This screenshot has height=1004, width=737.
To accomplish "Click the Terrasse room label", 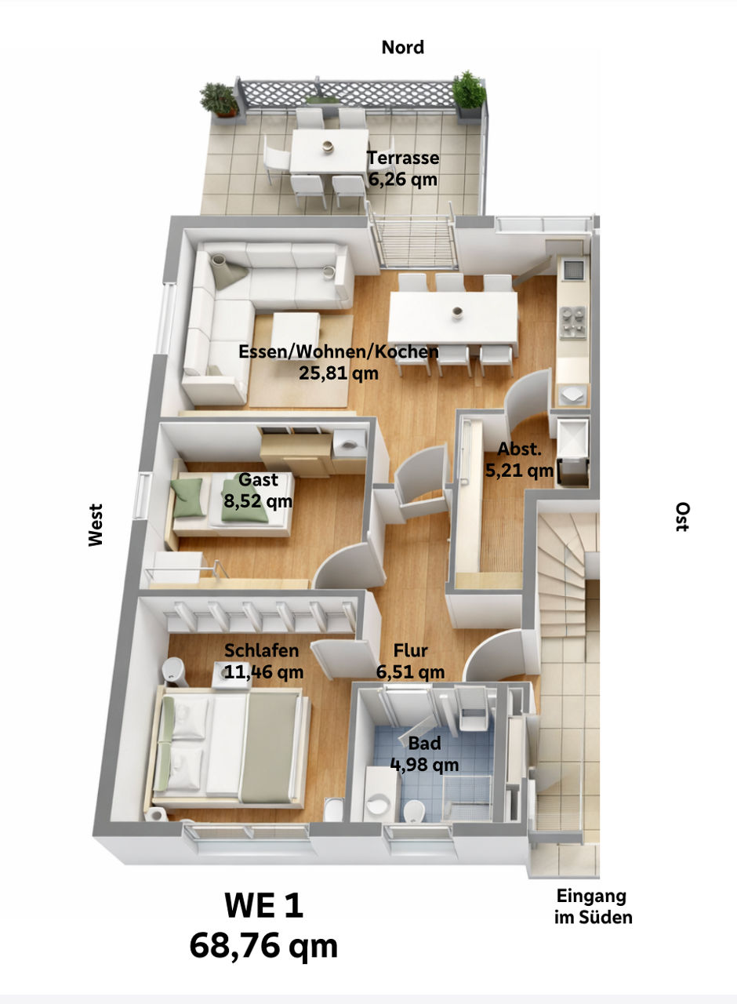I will pyautogui.click(x=403, y=158).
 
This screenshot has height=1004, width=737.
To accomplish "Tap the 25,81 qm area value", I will pyautogui.click(x=339, y=373).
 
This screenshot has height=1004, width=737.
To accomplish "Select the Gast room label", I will pyautogui.click(x=259, y=479).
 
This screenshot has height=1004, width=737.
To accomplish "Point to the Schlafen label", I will pyautogui.click(x=261, y=650).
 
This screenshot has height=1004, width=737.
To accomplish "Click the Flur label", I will pyautogui.click(x=410, y=651).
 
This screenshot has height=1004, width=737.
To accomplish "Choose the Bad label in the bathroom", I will pyautogui.click(x=424, y=743).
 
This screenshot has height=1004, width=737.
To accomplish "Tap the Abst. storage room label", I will pyautogui.click(x=520, y=449).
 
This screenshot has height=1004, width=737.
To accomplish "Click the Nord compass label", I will pyautogui.click(x=402, y=48).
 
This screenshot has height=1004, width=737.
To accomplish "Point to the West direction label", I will pyautogui.click(x=96, y=525).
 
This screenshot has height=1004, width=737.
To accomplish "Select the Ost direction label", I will pyautogui.click(x=682, y=518).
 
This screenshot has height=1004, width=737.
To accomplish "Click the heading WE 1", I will pyautogui.click(x=263, y=907).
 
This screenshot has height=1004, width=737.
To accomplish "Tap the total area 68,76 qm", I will pyautogui.click(x=263, y=946).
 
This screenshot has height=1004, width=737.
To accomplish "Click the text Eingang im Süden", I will pyautogui.click(x=593, y=906).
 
